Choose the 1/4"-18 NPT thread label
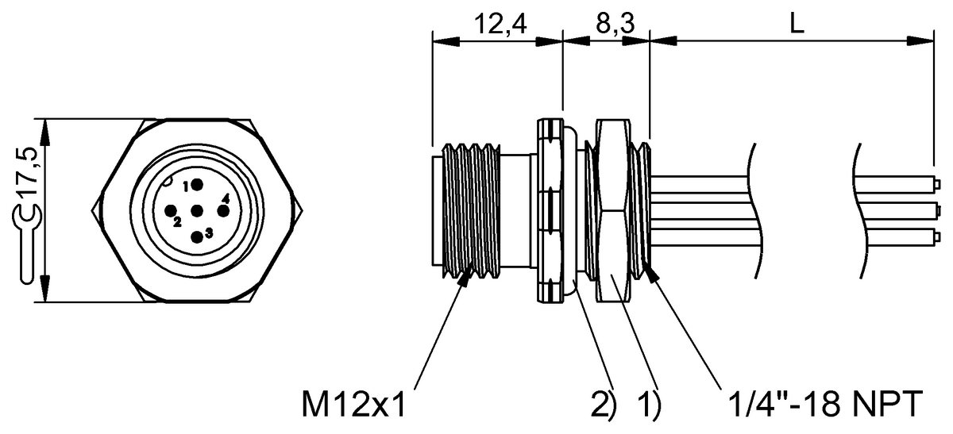point(822,405)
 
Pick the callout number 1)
point(648,405)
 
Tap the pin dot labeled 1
point(195,186)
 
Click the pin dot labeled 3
point(196,236)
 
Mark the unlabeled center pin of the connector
point(196,211)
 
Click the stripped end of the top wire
point(936,186)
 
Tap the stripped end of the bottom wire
point(936,236)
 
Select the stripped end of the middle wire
point(936,211)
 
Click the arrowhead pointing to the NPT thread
point(651,273)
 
